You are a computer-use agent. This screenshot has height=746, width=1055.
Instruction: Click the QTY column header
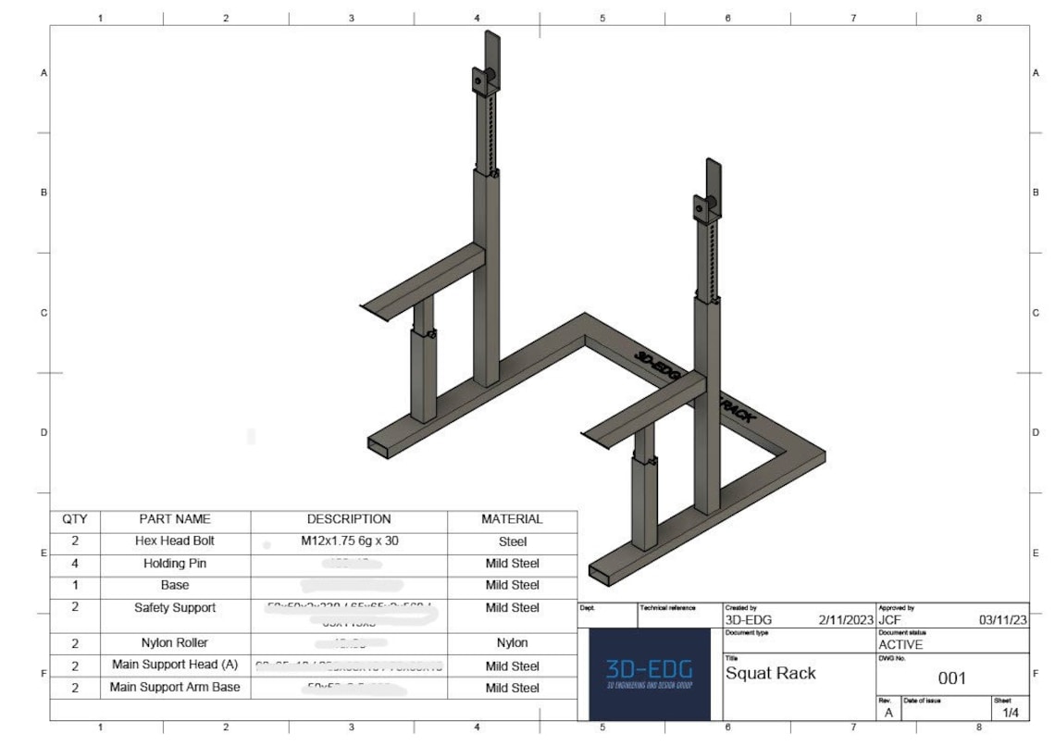pos(75,519)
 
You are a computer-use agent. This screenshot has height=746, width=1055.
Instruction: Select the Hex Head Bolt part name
pos(175,541)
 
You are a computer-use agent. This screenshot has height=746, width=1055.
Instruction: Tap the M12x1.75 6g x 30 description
pos(349,541)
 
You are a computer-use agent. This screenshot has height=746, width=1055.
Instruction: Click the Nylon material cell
pos(512,642)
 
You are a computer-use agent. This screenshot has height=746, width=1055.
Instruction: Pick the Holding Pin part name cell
pos(175,563)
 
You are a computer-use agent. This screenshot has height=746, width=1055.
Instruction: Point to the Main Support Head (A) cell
pos(175,665)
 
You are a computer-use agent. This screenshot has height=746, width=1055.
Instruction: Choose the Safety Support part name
pos(175,607)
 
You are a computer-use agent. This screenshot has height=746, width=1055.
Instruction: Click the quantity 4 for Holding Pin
pos(75,563)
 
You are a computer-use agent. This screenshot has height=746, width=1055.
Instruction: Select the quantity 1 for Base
pos(75,585)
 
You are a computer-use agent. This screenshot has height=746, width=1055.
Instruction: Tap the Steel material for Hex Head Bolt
pos(512,541)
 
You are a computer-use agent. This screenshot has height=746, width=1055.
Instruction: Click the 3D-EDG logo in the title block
pos(649,674)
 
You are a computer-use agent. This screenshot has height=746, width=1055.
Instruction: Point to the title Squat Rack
pos(770,673)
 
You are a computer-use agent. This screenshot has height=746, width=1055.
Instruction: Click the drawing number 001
pos(951,678)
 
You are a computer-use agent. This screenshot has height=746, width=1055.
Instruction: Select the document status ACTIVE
pos(900,644)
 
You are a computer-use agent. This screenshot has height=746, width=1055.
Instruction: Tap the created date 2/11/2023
pos(846,619)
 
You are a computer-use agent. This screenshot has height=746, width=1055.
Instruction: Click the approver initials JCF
pos(890,619)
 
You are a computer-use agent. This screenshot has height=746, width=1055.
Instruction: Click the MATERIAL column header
pos(512,519)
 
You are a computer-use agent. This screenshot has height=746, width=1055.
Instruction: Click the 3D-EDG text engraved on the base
pos(658,365)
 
